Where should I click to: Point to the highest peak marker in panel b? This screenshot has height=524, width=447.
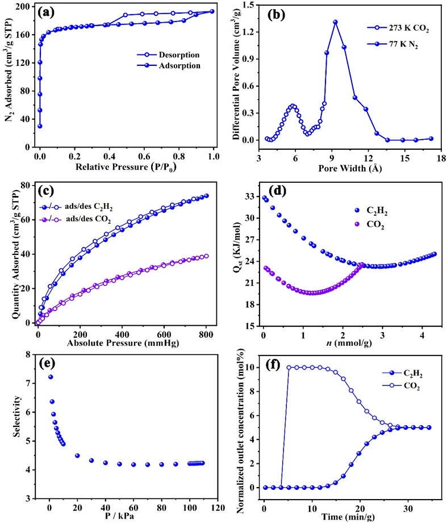click(335, 22)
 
